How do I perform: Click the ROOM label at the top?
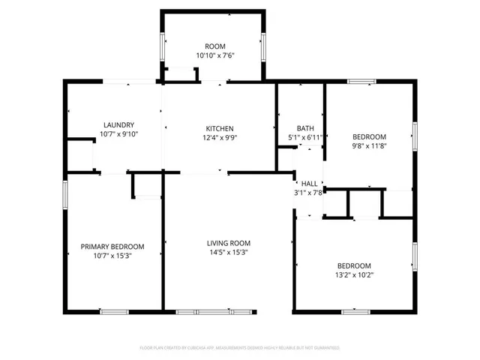[215, 46]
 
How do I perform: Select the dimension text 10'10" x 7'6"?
[215, 55]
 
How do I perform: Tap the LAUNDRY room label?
[118, 125]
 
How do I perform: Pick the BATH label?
[305, 128]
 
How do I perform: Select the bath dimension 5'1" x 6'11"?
[305, 137]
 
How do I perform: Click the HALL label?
[309, 184]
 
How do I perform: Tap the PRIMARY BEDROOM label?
[112, 247]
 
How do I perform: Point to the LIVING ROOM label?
[229, 243]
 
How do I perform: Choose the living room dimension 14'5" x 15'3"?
[229, 253]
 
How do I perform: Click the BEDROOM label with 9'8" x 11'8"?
[369, 136]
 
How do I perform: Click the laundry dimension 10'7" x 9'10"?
[118, 134]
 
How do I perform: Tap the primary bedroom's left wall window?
[65, 196]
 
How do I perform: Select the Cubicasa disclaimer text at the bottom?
[240, 348]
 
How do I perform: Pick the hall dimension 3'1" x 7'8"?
[308, 193]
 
